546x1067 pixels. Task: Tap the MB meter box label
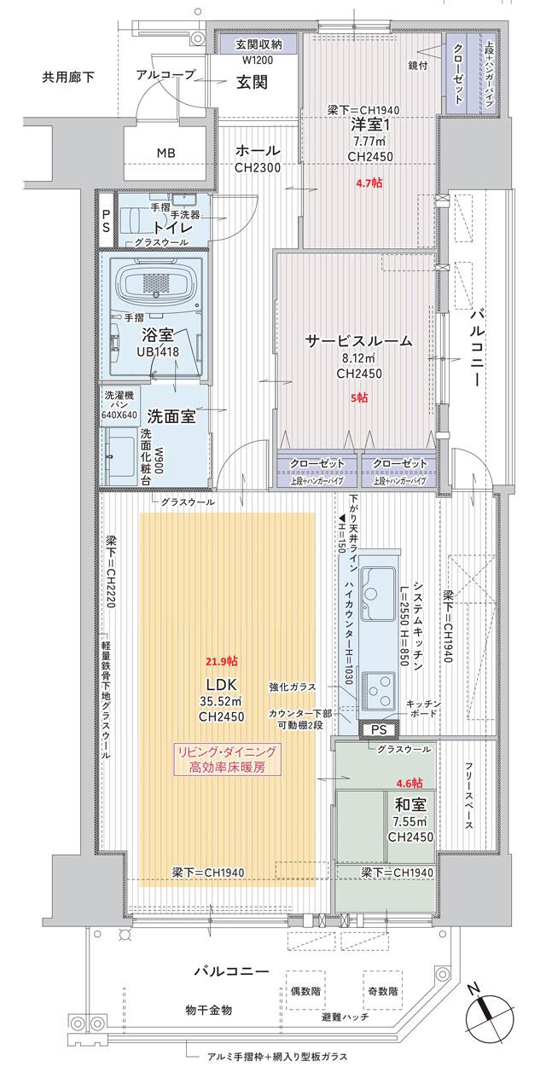point(168,153)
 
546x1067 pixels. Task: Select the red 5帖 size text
point(359,397)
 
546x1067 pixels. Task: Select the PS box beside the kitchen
point(378,730)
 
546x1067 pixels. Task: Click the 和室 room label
point(411,803)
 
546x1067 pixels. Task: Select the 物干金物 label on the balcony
point(209,1011)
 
